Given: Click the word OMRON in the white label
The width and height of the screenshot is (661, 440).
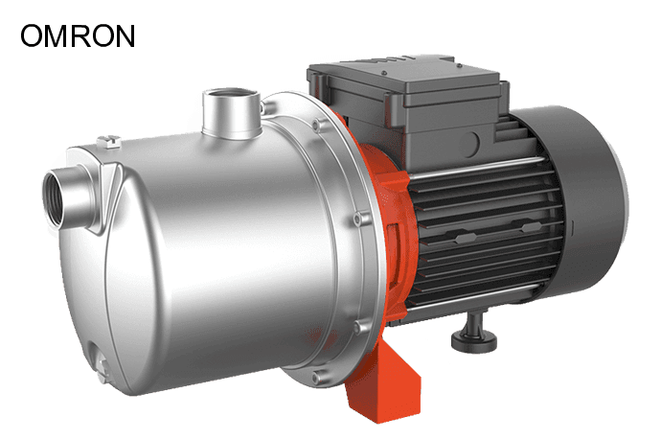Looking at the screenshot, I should pos(79,36).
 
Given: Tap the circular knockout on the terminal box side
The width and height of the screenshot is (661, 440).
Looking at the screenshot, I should pos(471,144).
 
